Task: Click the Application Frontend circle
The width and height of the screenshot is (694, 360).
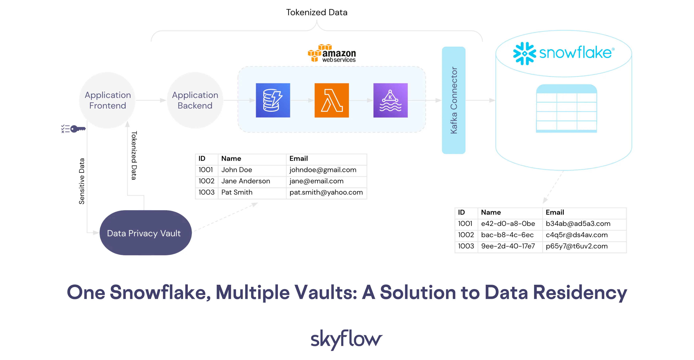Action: (107, 100)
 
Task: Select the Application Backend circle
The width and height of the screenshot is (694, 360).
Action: (195, 100)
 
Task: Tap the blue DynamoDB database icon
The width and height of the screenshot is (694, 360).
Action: (273, 100)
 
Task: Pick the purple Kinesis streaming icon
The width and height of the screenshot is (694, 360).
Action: (390, 100)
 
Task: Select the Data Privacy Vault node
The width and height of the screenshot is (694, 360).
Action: (145, 233)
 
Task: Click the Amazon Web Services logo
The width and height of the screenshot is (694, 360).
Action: (332, 53)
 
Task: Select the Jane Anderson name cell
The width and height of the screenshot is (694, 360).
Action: (245, 181)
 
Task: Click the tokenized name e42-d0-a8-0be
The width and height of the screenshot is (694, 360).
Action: (508, 224)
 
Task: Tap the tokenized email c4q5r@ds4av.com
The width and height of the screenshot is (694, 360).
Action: (577, 235)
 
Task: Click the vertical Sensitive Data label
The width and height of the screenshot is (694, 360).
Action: (81, 181)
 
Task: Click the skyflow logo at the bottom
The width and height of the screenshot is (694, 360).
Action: (346, 339)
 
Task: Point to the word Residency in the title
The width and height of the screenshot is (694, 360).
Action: (580, 293)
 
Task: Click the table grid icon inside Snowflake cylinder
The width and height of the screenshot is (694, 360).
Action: (566, 108)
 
